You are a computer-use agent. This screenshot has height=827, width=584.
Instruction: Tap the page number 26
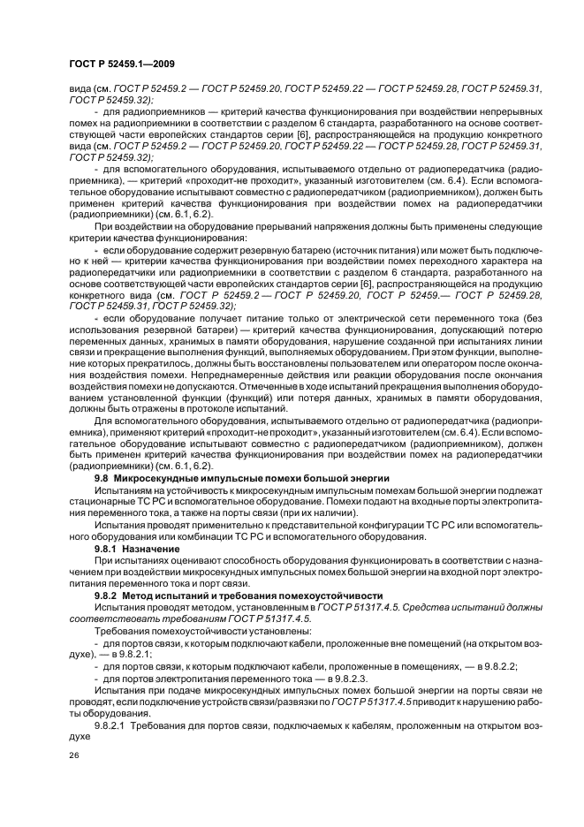[x=74, y=756]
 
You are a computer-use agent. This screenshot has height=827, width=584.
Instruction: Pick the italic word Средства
[x=427, y=606]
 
